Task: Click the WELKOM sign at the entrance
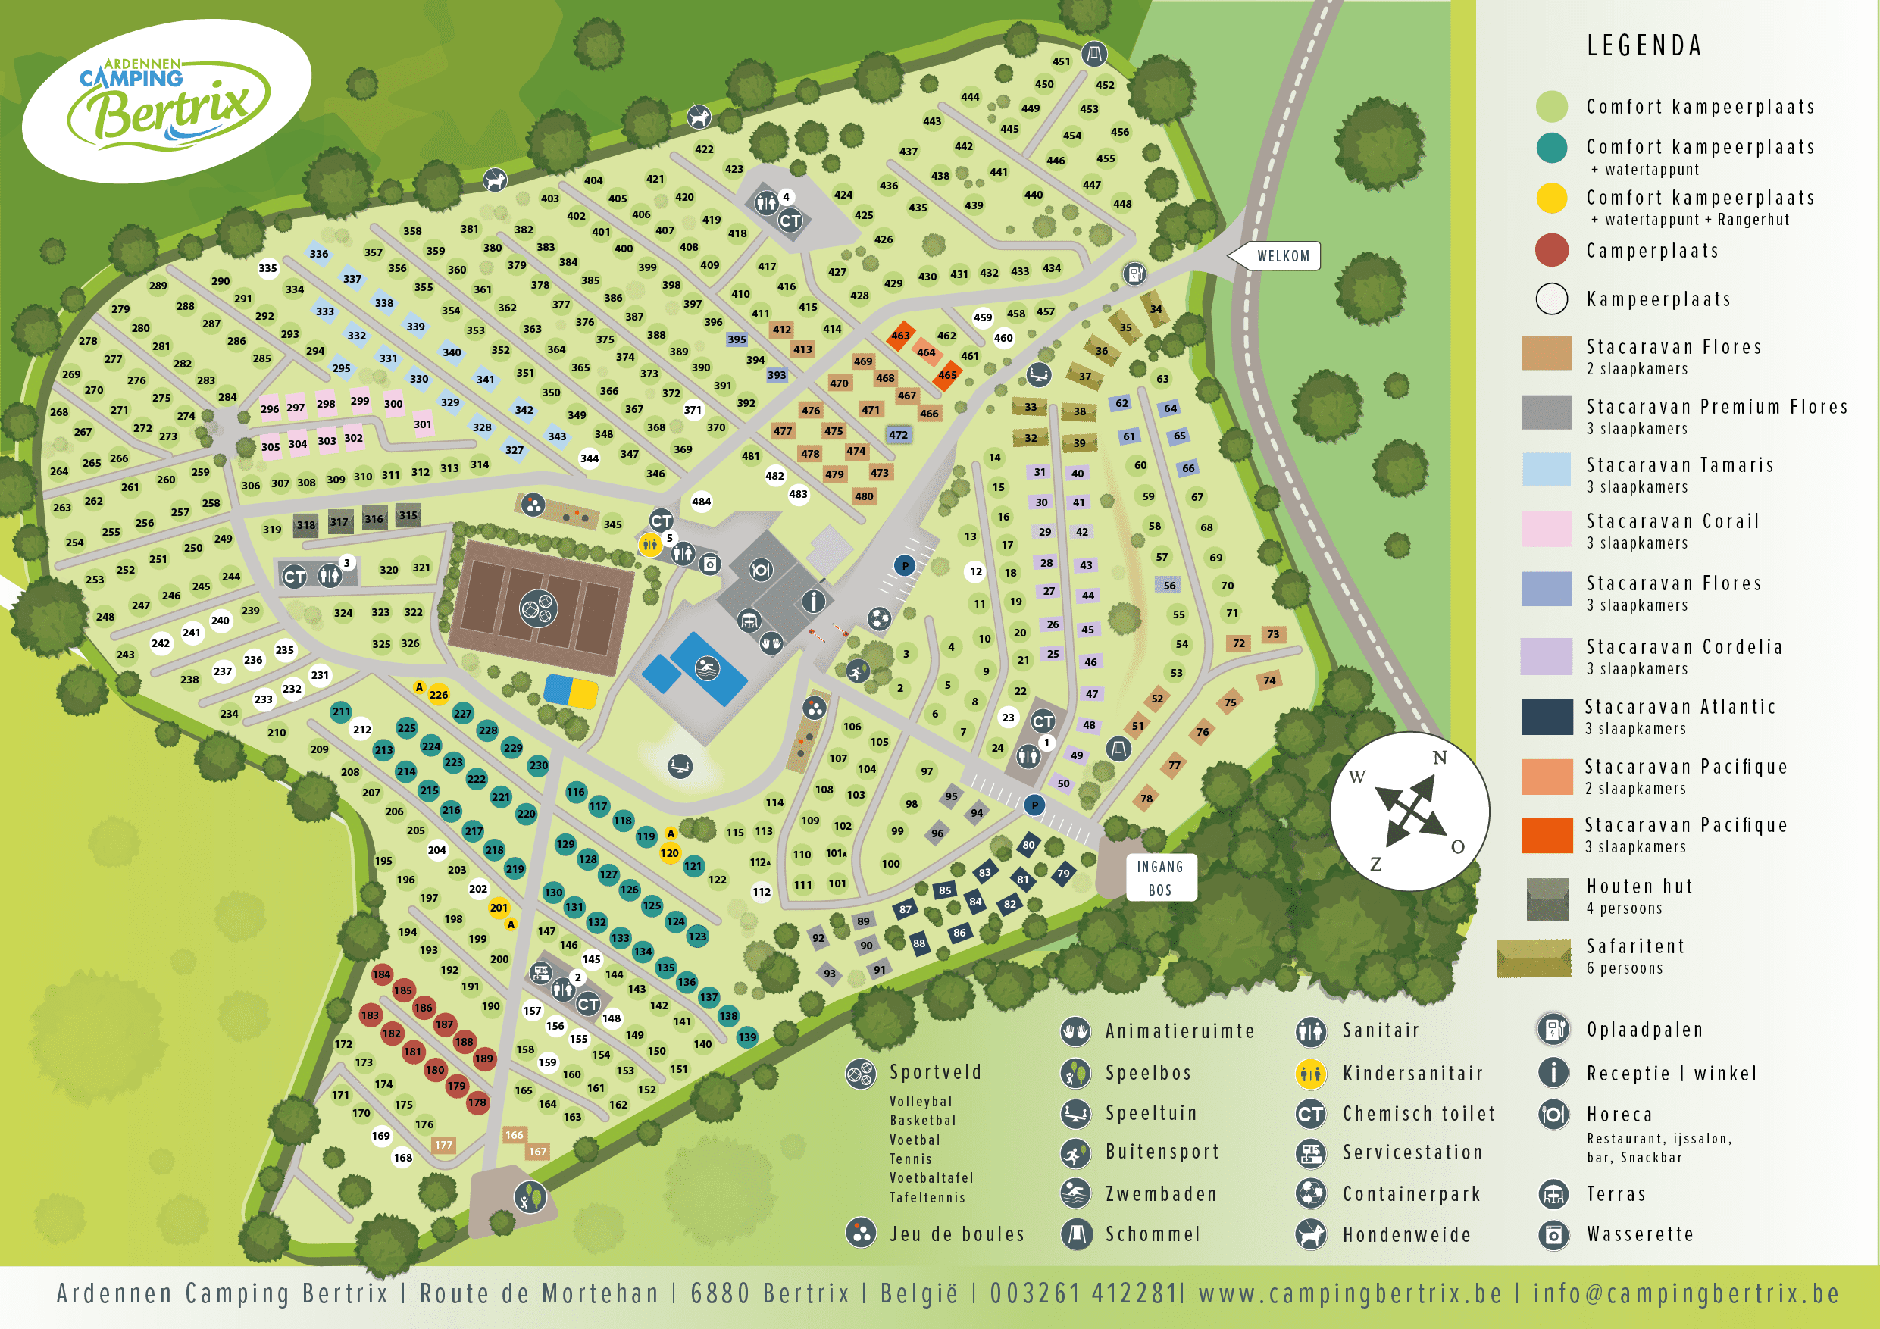pyautogui.click(x=1282, y=255)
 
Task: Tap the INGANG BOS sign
pyautogui.click(x=1160, y=878)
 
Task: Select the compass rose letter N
pyautogui.click(x=1440, y=758)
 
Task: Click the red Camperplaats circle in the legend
pyautogui.click(x=1551, y=251)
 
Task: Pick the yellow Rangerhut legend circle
pyautogui.click(x=1551, y=199)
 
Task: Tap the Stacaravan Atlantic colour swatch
pyautogui.click(x=1547, y=717)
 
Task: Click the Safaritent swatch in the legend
pyautogui.click(x=1533, y=958)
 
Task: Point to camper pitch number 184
pyautogui.click(x=382, y=974)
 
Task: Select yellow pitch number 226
pyautogui.click(x=439, y=694)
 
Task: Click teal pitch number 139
pyautogui.click(x=746, y=1037)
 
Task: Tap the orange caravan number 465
pyautogui.click(x=947, y=375)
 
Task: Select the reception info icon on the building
pyautogui.click(x=813, y=602)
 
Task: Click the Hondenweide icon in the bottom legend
pyautogui.click(x=1310, y=1234)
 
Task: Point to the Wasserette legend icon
pyautogui.click(x=1553, y=1234)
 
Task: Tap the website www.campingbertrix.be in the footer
pyautogui.click(x=1350, y=1294)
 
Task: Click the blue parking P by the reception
pyautogui.click(x=905, y=565)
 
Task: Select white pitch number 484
pyautogui.click(x=701, y=502)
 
